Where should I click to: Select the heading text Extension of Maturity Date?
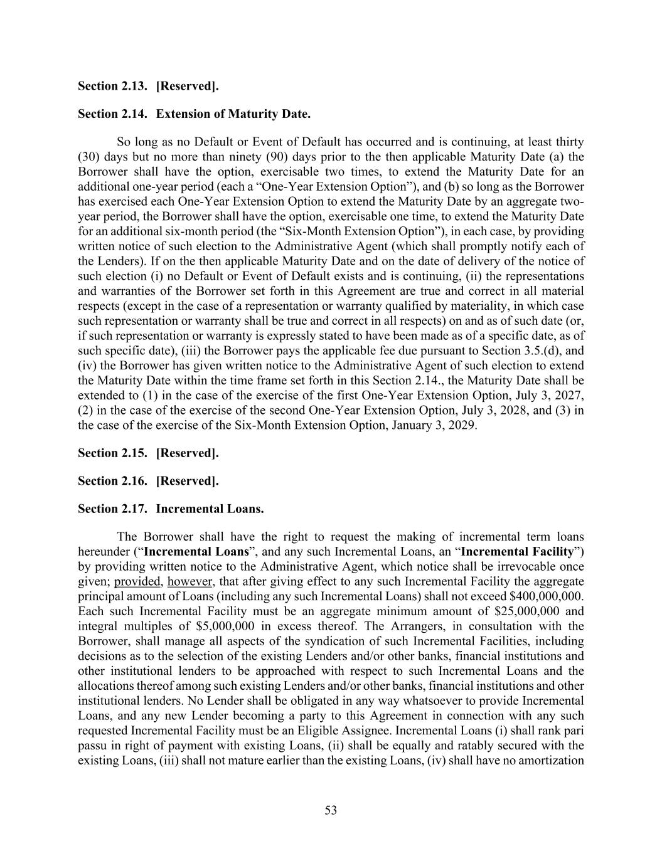click(233, 115)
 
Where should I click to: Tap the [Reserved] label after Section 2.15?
click(187, 453)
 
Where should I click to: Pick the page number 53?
click(331, 810)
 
